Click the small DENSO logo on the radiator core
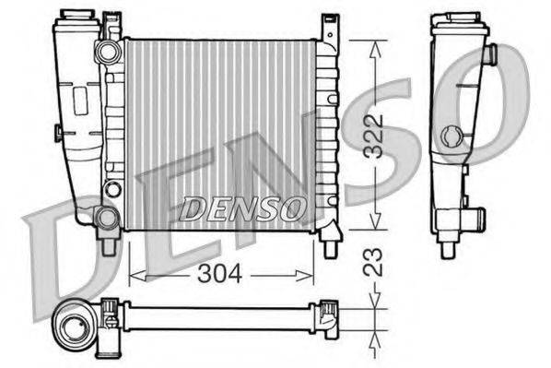[242, 208]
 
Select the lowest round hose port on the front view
[107, 218]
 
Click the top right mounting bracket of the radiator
[328, 28]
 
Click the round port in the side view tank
[451, 138]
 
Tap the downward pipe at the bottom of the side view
[448, 245]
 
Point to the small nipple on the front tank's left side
[58, 133]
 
